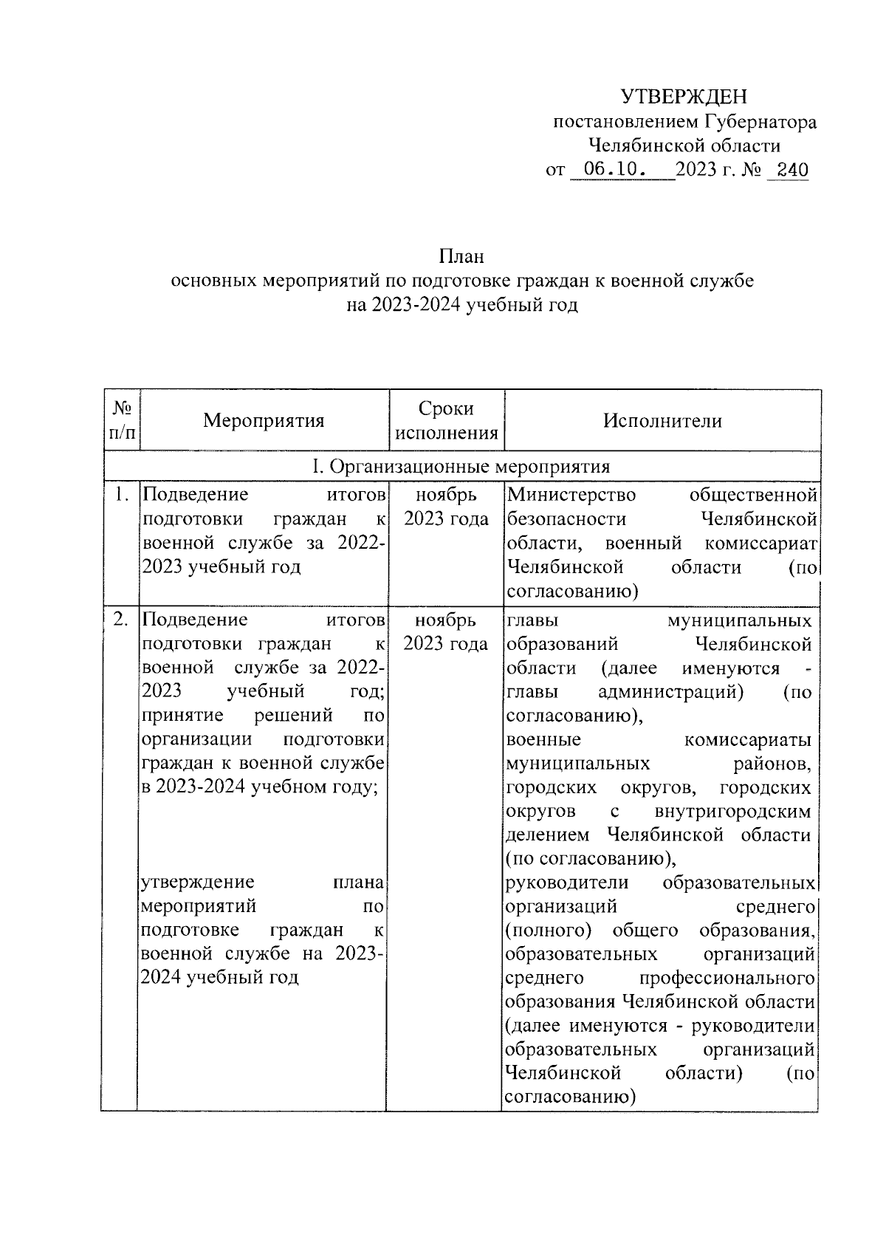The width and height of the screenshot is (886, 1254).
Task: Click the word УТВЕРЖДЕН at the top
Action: coord(683,97)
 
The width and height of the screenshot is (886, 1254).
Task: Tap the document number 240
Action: coord(788,171)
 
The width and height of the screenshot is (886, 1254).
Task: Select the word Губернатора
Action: coord(760,122)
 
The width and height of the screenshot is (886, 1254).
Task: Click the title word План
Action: coord(461,256)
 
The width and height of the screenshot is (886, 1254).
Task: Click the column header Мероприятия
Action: coord(264,421)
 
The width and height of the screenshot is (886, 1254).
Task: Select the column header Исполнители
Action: coord(662,421)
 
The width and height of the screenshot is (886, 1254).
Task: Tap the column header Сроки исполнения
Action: coord(447,421)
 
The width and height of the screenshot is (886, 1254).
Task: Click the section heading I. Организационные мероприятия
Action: coord(461,467)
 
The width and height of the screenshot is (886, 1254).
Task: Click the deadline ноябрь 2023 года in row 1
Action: coord(446,507)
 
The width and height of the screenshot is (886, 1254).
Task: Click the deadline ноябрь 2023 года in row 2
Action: coord(446,632)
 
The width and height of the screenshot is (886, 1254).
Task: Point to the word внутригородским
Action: coord(732,811)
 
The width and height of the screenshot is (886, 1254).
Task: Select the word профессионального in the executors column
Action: coord(727,978)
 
